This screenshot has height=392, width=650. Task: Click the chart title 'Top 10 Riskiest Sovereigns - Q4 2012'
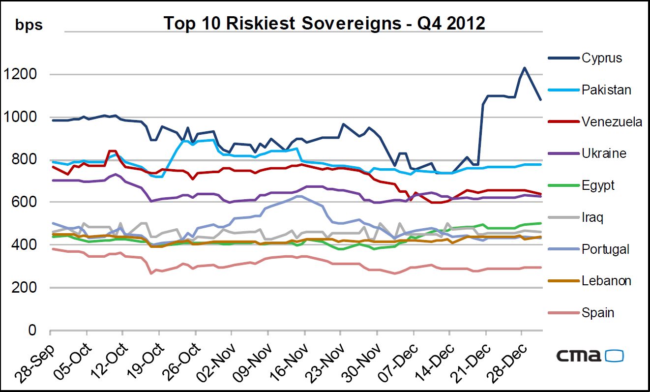pyautogui.click(x=324, y=23)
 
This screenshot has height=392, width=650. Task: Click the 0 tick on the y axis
pyautogui.click(x=32, y=330)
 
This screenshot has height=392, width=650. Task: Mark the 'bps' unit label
pyautogui.click(x=29, y=25)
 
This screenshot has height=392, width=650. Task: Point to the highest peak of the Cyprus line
pyautogui.click(x=525, y=68)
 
